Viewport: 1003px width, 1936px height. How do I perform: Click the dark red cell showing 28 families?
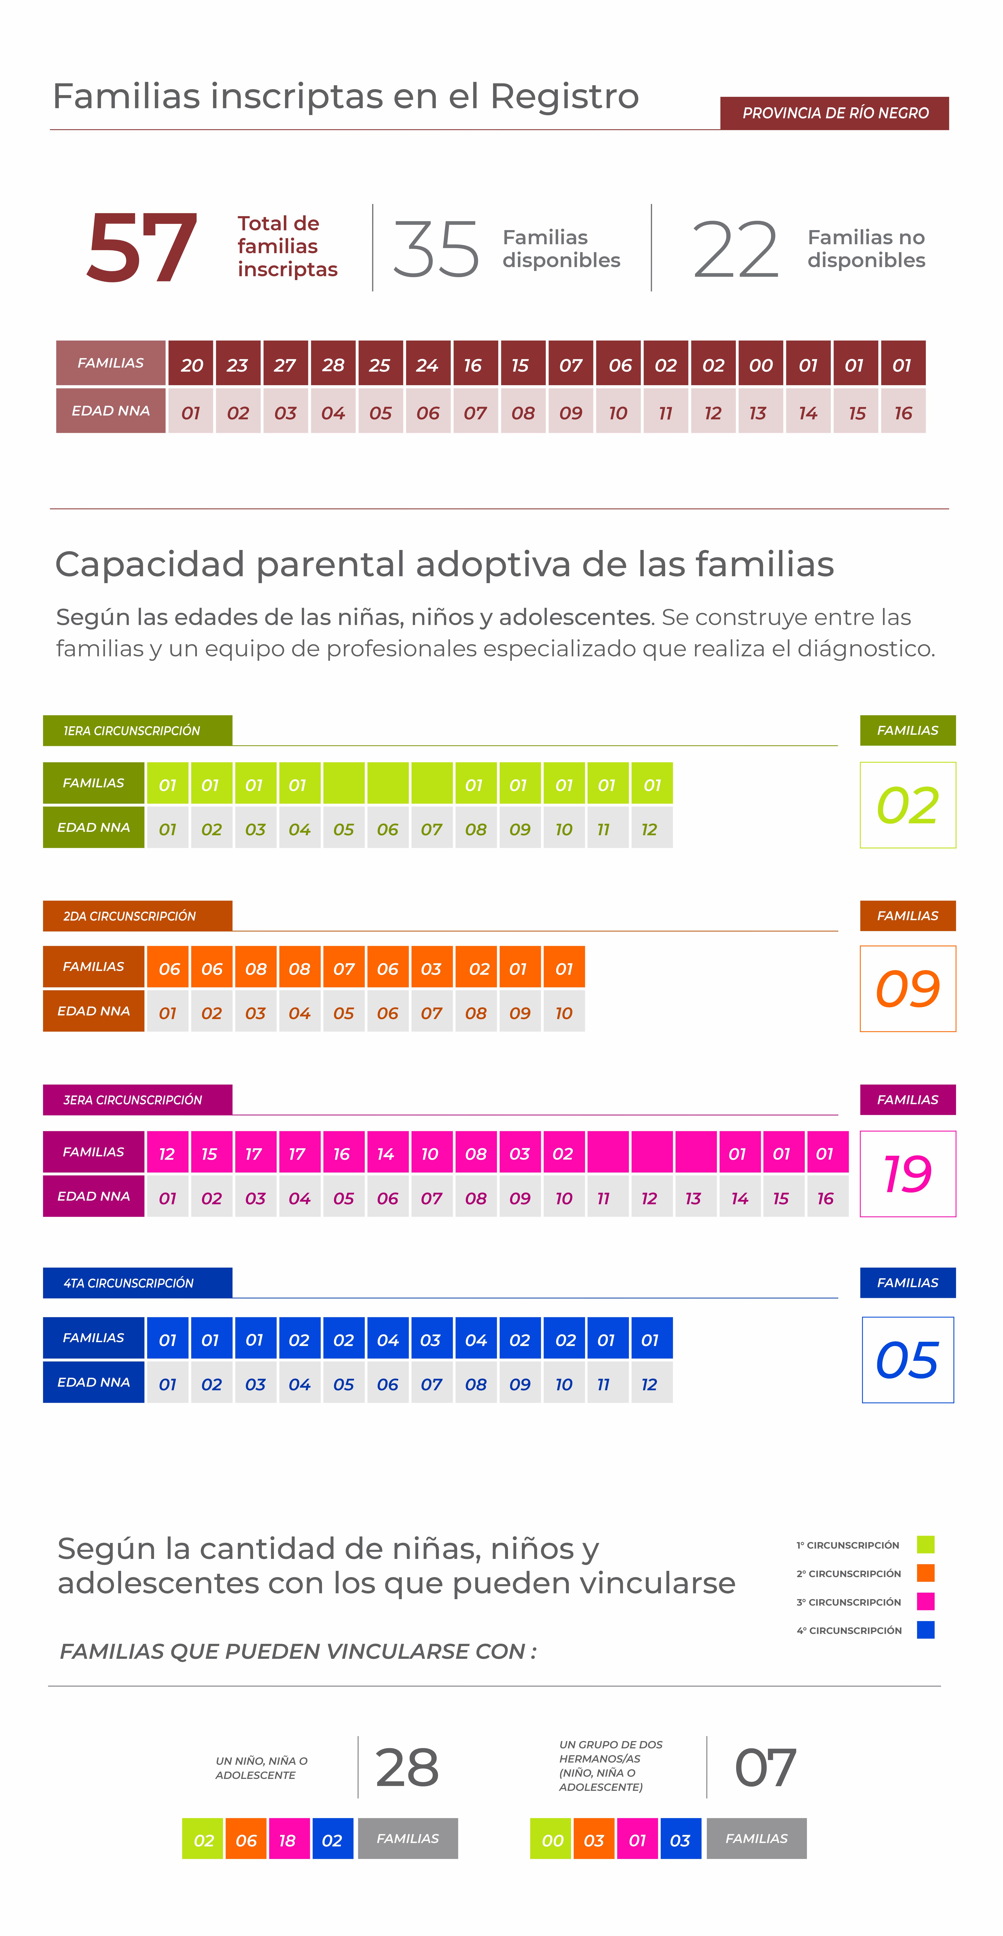pyautogui.click(x=333, y=364)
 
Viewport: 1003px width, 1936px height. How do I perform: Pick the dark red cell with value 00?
pyautogui.click(x=760, y=364)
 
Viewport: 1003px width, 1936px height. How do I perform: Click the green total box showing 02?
pyautogui.click(x=908, y=805)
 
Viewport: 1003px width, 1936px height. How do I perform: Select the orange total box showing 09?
pyautogui.click(x=908, y=988)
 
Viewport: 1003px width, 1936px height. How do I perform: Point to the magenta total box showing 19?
pyautogui.click(x=908, y=1173)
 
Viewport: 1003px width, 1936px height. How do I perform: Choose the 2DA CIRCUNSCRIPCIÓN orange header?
pyautogui.click(x=137, y=915)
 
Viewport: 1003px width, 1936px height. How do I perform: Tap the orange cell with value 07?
pyautogui.click(x=343, y=967)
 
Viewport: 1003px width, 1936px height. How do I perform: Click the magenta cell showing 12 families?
pyautogui.click(x=167, y=1152)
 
